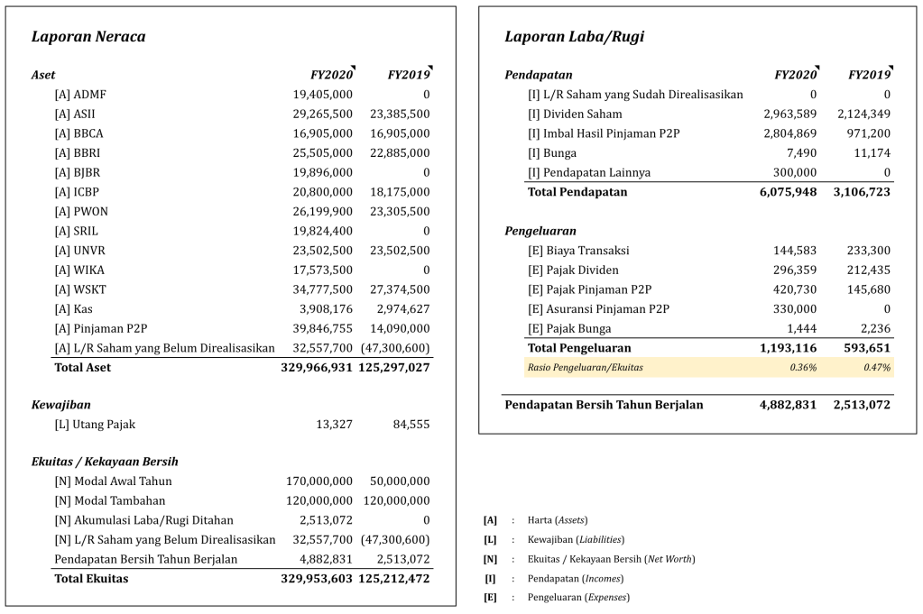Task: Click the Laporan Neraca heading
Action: coord(88,37)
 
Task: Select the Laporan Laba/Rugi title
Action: coord(574,37)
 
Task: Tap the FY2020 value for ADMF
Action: coord(323,94)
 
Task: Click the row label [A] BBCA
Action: coord(78,133)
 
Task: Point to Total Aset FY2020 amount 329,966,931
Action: coord(317,368)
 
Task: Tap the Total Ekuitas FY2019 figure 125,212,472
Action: coord(394,579)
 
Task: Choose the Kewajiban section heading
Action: coord(60,405)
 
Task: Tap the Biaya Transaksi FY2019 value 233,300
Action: coord(869,251)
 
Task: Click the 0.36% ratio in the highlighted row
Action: coord(803,368)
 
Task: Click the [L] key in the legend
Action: coord(490,539)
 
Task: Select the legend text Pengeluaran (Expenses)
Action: coord(578,598)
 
